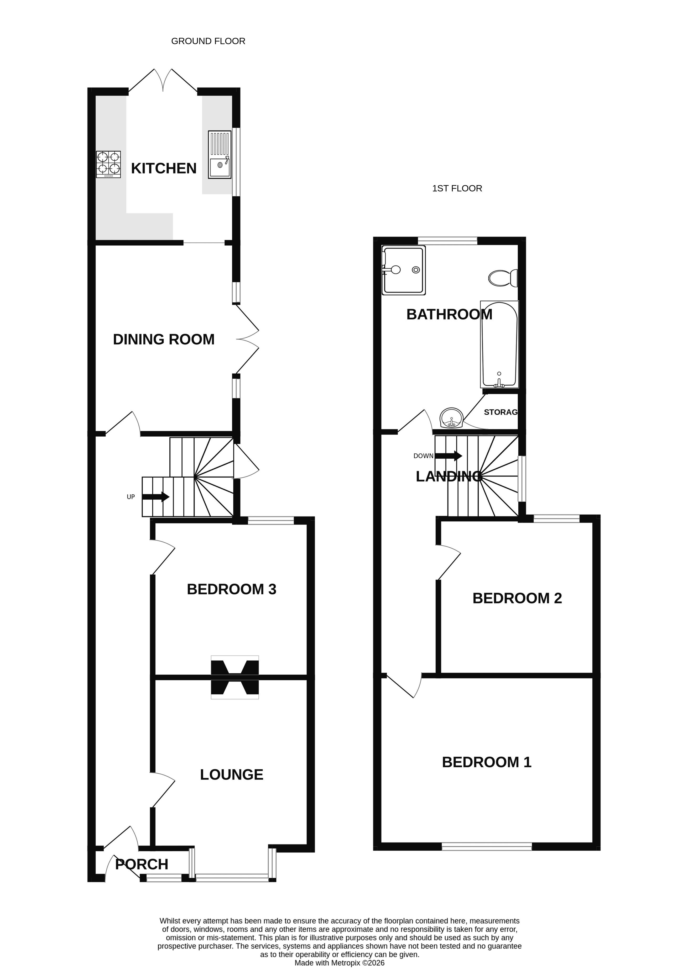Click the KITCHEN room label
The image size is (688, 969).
[x=164, y=169]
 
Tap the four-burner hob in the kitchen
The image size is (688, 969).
[x=108, y=164]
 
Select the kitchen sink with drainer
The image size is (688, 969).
[x=220, y=155]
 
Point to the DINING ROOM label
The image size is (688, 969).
[x=164, y=340]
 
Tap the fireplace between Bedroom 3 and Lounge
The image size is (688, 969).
[x=235, y=677]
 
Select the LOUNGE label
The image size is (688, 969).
[x=232, y=775]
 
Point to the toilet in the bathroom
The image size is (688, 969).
[x=503, y=278]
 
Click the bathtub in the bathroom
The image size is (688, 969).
[x=499, y=344]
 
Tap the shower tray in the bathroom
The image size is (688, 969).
[x=403, y=270]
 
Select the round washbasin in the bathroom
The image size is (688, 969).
[x=452, y=418]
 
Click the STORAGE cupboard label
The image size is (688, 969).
[x=501, y=412]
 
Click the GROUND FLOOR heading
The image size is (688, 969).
[x=208, y=41]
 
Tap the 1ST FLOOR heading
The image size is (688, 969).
[x=457, y=188]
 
